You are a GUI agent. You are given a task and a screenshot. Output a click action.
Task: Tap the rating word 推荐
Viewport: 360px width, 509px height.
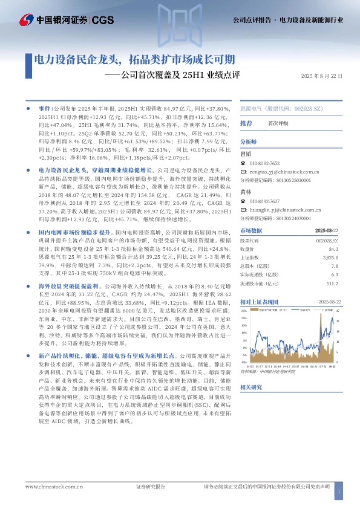pos(246,123)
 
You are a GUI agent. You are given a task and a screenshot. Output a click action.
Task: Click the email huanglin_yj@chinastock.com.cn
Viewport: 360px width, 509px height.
pos(284,227)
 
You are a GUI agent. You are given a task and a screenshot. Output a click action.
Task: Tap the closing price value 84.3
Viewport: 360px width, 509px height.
pos(333,265)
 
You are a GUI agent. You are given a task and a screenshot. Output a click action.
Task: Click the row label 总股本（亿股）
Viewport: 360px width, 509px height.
pos(256,282)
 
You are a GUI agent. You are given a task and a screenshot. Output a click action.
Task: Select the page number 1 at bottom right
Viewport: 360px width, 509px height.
pos(339,493)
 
